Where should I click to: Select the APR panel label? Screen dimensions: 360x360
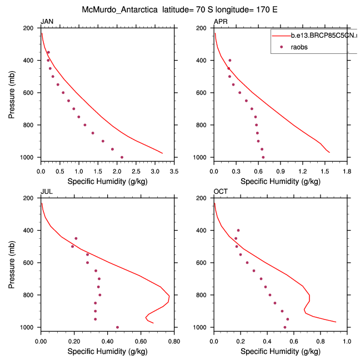(220, 22)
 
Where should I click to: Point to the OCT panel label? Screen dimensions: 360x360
(220, 192)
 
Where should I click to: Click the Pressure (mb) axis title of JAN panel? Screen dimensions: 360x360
(12, 93)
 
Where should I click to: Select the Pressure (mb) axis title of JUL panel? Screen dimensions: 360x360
(12, 263)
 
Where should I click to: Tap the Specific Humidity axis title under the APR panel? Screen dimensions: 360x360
(280, 181)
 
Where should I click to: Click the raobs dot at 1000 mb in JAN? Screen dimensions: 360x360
(122, 157)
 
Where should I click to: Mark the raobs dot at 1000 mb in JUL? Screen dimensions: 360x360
(117, 327)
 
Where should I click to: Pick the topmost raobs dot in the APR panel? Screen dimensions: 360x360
(230, 60)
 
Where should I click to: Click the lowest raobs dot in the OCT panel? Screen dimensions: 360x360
(285, 327)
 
